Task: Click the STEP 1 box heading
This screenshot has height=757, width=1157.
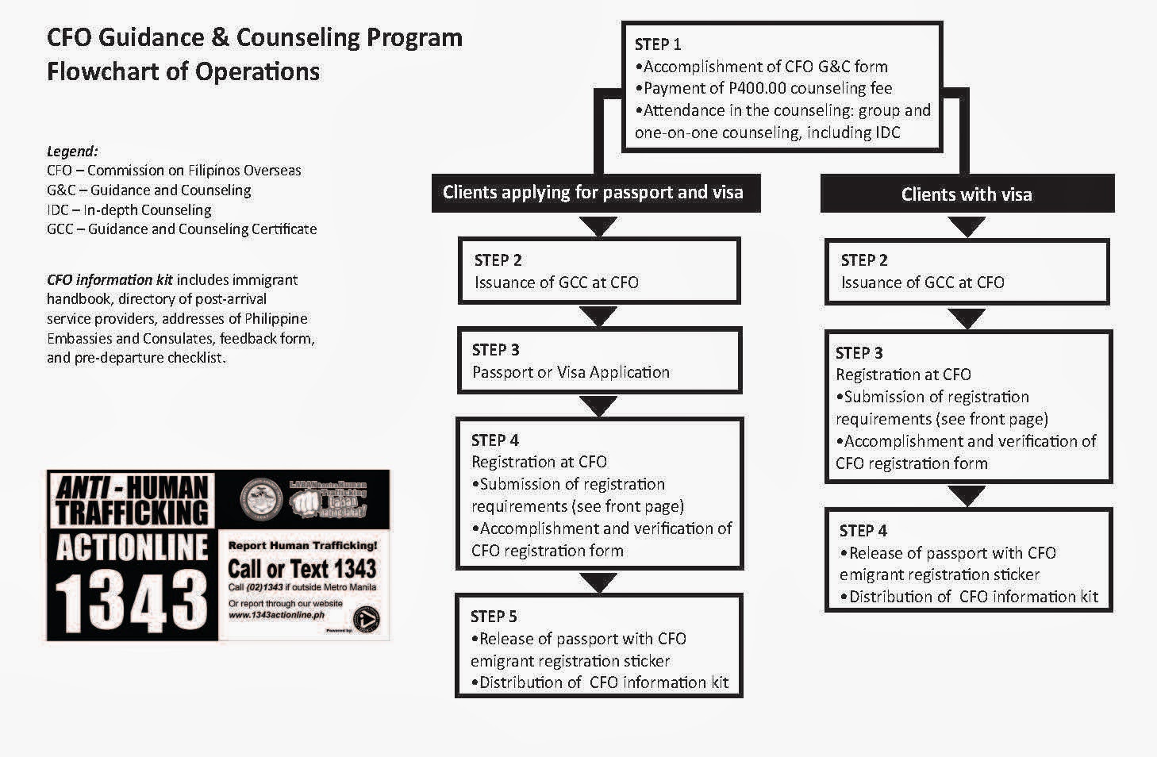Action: [x=658, y=44]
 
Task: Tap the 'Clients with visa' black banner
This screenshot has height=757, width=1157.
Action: [x=967, y=194]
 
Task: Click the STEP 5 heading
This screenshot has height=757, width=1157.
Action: [x=494, y=617]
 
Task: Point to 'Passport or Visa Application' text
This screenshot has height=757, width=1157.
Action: [x=571, y=372]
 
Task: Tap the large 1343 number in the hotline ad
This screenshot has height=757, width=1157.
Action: [x=133, y=601]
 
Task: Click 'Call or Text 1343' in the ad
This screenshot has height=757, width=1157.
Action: [x=302, y=568]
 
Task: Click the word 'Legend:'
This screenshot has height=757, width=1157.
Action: [x=72, y=151]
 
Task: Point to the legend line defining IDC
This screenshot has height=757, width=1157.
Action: [x=129, y=210]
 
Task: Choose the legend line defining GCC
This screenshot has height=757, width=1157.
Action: [x=182, y=229]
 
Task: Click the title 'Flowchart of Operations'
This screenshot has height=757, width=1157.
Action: [x=183, y=71]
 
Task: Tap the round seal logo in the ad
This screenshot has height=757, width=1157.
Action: [x=263, y=498]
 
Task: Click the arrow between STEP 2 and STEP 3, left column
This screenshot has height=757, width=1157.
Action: [x=599, y=317]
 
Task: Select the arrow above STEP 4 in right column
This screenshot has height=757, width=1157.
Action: [x=967, y=496]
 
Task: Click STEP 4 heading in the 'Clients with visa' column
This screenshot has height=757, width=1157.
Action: [x=863, y=531]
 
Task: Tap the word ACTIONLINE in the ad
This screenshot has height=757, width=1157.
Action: [x=133, y=548]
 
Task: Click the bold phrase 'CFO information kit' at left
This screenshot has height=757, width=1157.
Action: [x=110, y=280]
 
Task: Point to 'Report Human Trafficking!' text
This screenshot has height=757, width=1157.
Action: [x=302, y=545]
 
